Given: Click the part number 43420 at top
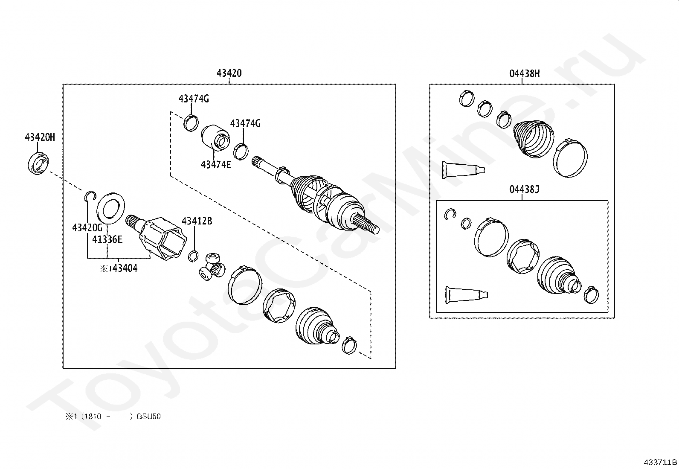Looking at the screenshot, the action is pyautogui.click(x=229, y=73).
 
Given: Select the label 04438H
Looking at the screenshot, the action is pyautogui.click(x=525, y=74).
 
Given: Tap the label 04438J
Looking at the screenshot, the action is pyautogui.click(x=525, y=189).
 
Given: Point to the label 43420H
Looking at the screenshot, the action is pyautogui.click(x=40, y=137).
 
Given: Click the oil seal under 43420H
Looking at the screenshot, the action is pyautogui.click(x=38, y=163).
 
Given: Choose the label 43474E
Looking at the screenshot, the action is pyautogui.click(x=216, y=165).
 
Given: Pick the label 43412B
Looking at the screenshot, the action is pyautogui.click(x=197, y=221).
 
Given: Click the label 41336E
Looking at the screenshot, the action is pyautogui.click(x=107, y=240).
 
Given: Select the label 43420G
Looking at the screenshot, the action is pyautogui.click(x=87, y=227).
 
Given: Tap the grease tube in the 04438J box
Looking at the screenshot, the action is pyautogui.click(x=467, y=294).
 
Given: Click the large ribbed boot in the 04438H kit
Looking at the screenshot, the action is pyautogui.click(x=534, y=139).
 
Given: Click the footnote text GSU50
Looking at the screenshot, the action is pyautogui.click(x=148, y=417).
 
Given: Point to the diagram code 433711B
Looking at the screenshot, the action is pyautogui.click(x=660, y=462).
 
